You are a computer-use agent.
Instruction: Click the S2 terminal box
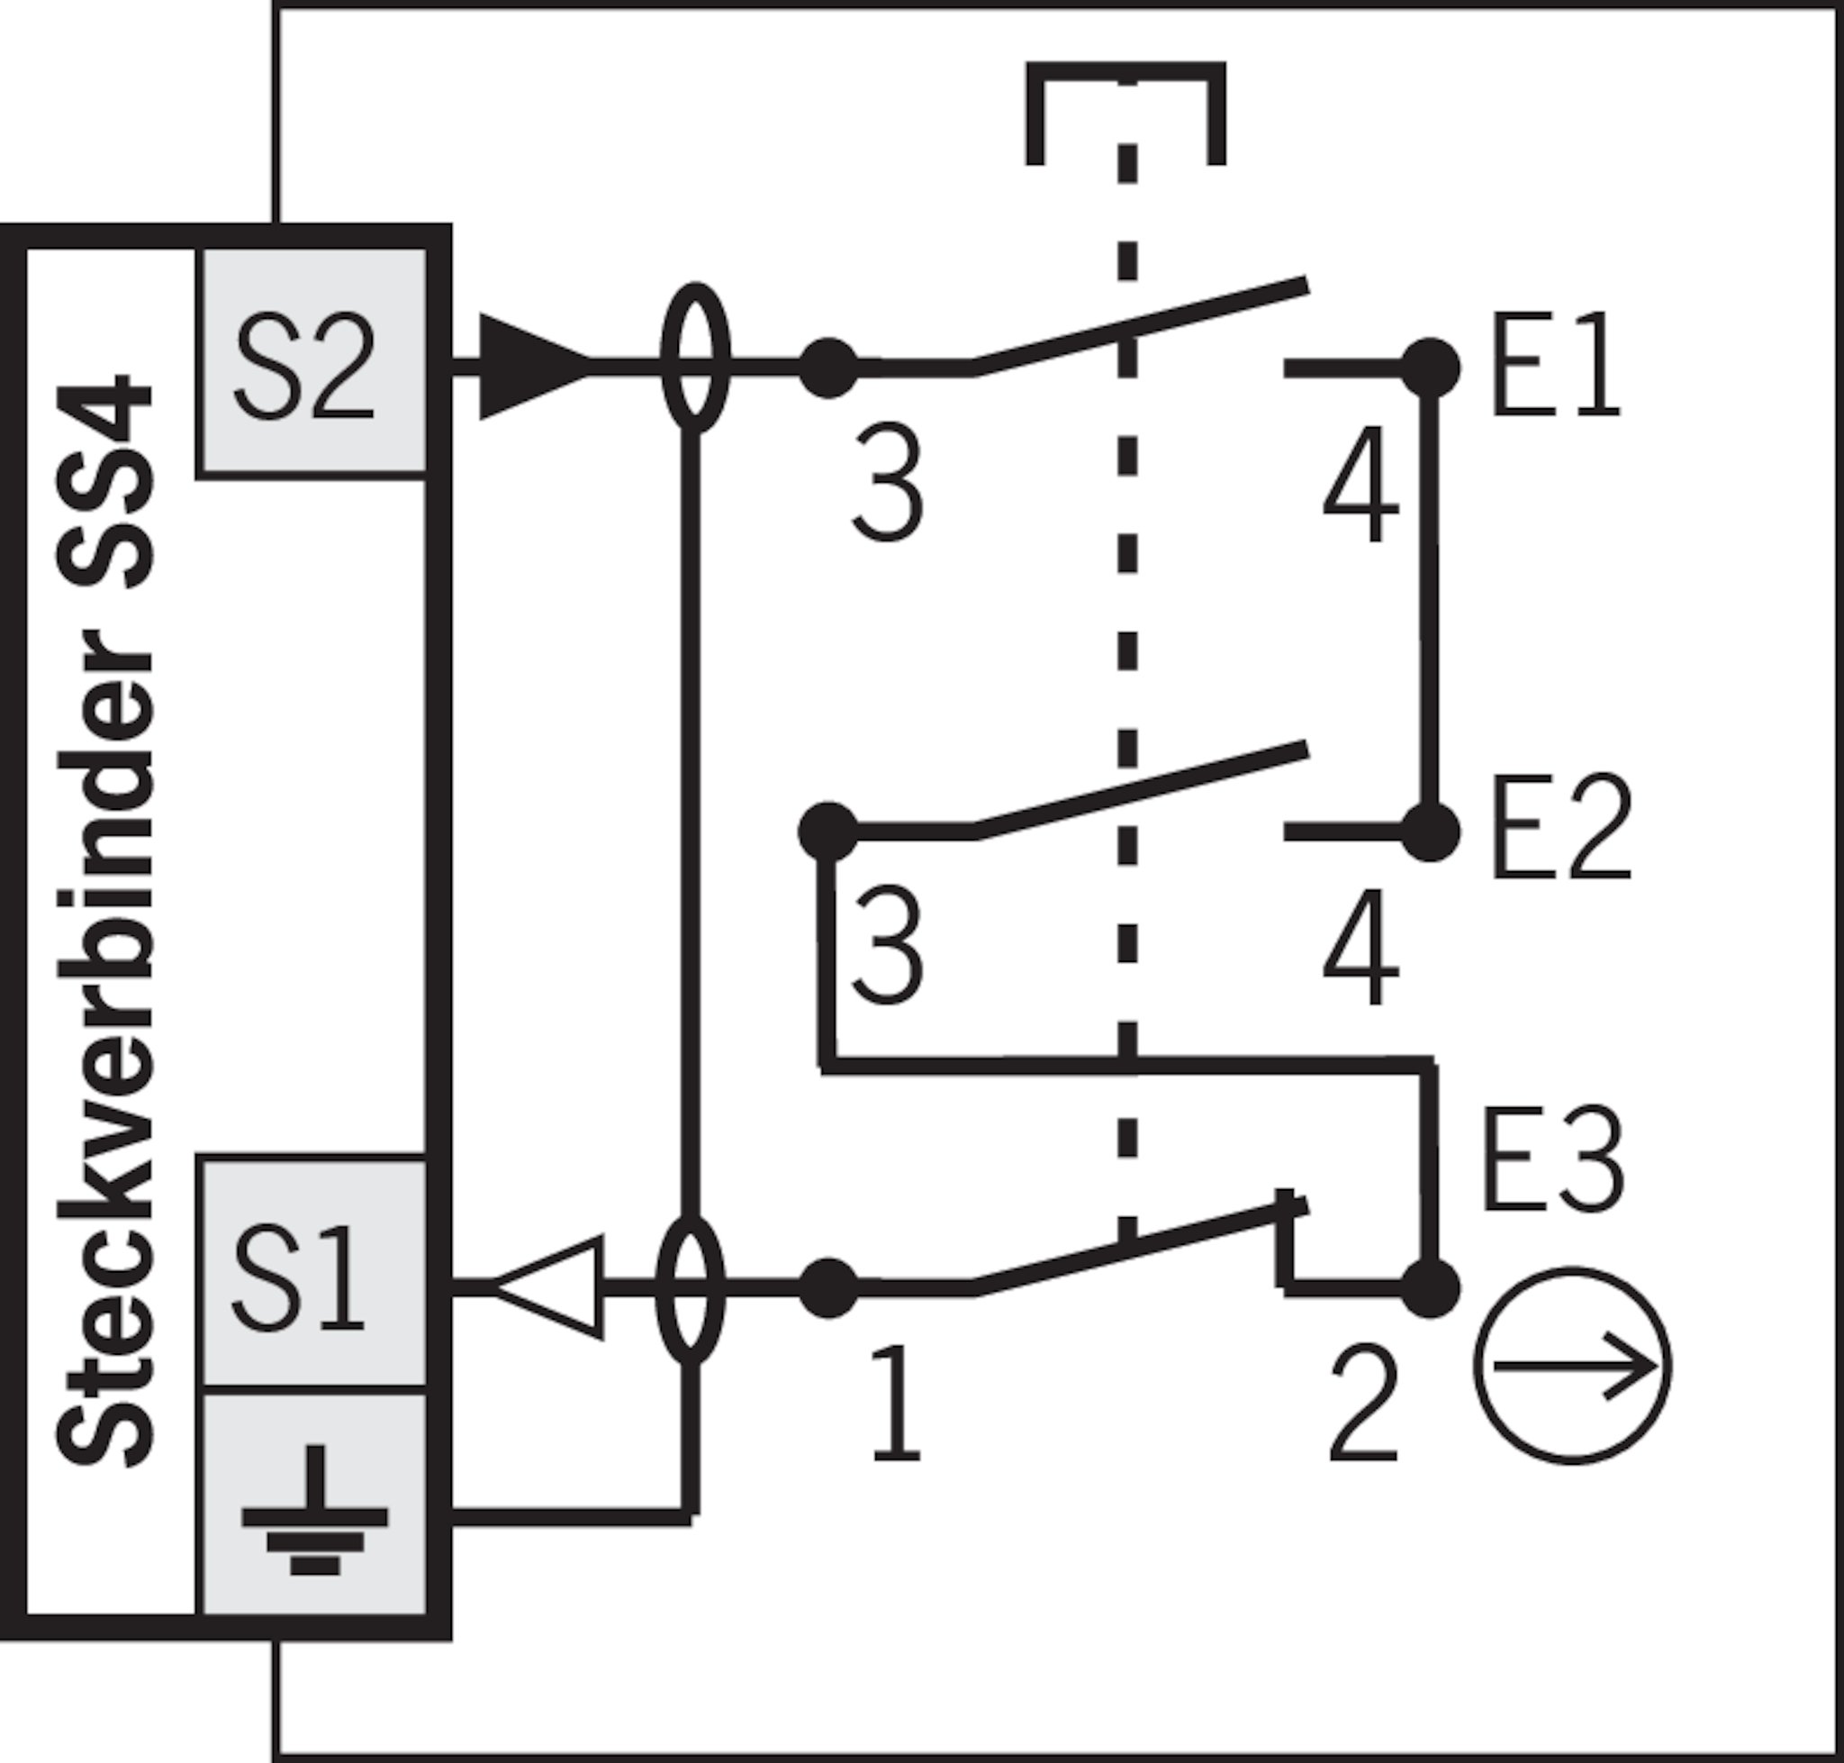tap(312, 364)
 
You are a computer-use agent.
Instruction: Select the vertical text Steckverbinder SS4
tap(105, 921)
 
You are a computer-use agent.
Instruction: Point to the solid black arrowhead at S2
tap(536, 367)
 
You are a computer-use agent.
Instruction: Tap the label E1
tap(1555, 367)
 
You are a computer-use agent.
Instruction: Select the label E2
tap(1561, 828)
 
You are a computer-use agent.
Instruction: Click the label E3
tap(1552, 1159)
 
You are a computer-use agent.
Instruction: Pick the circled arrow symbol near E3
tap(1572, 1367)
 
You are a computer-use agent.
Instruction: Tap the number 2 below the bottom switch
tap(1363, 1405)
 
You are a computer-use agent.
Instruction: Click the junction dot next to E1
tap(1430, 368)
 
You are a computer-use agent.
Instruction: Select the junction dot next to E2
tap(1430, 832)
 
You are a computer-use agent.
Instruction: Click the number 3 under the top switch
tap(887, 483)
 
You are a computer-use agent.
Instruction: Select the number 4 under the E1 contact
tap(1361, 484)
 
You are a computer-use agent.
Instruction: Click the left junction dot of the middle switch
tap(827, 832)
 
